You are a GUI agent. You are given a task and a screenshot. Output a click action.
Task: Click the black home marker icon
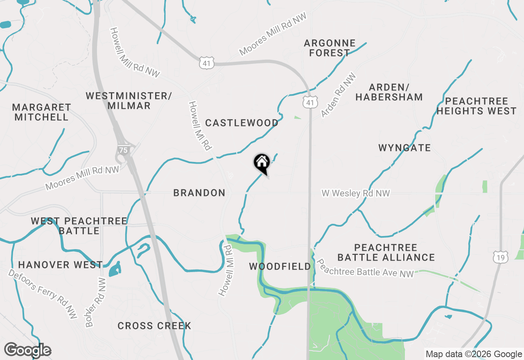click(x=262, y=163)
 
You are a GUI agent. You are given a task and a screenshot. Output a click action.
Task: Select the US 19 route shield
click(x=501, y=256)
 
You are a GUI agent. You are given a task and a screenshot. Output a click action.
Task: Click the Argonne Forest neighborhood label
click(x=330, y=48)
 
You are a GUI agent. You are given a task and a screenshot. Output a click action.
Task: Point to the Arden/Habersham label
click(x=389, y=92)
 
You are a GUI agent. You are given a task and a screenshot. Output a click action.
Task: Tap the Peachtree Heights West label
click(x=477, y=106)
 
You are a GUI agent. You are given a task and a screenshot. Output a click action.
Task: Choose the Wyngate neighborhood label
click(x=404, y=148)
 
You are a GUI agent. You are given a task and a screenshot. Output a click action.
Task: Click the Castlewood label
click(x=242, y=123)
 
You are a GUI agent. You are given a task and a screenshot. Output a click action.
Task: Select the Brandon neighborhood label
click(x=199, y=193)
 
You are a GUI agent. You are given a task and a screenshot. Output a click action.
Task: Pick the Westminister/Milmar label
click(x=129, y=101)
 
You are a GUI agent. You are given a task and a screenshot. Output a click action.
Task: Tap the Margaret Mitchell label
click(x=41, y=112)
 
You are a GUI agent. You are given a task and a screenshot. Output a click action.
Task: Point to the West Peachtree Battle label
click(x=79, y=226)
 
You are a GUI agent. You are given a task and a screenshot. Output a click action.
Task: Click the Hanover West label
click(x=60, y=265)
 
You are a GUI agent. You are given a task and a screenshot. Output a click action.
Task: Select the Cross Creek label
click(x=154, y=326)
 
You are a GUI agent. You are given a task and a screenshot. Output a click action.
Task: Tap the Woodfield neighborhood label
click(x=280, y=267)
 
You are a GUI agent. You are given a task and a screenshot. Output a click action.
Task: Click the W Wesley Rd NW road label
click(x=355, y=193)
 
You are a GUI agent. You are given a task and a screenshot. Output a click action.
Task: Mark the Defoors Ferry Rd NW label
click(x=43, y=293)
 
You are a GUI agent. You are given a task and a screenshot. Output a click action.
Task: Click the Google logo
click(x=28, y=350)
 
